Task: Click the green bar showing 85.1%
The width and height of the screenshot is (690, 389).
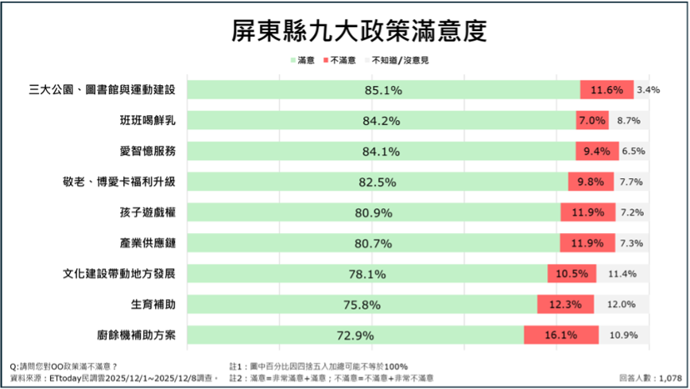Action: click(x=385, y=90)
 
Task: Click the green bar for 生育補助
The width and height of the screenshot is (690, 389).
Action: click(x=363, y=304)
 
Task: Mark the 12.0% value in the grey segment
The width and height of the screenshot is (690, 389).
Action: click(x=622, y=304)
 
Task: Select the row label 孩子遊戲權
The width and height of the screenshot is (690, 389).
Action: click(x=147, y=212)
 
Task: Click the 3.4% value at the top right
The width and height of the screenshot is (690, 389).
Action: click(x=649, y=90)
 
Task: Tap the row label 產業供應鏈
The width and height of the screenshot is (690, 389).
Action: click(x=147, y=243)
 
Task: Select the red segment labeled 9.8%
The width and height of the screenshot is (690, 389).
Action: click(x=591, y=182)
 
